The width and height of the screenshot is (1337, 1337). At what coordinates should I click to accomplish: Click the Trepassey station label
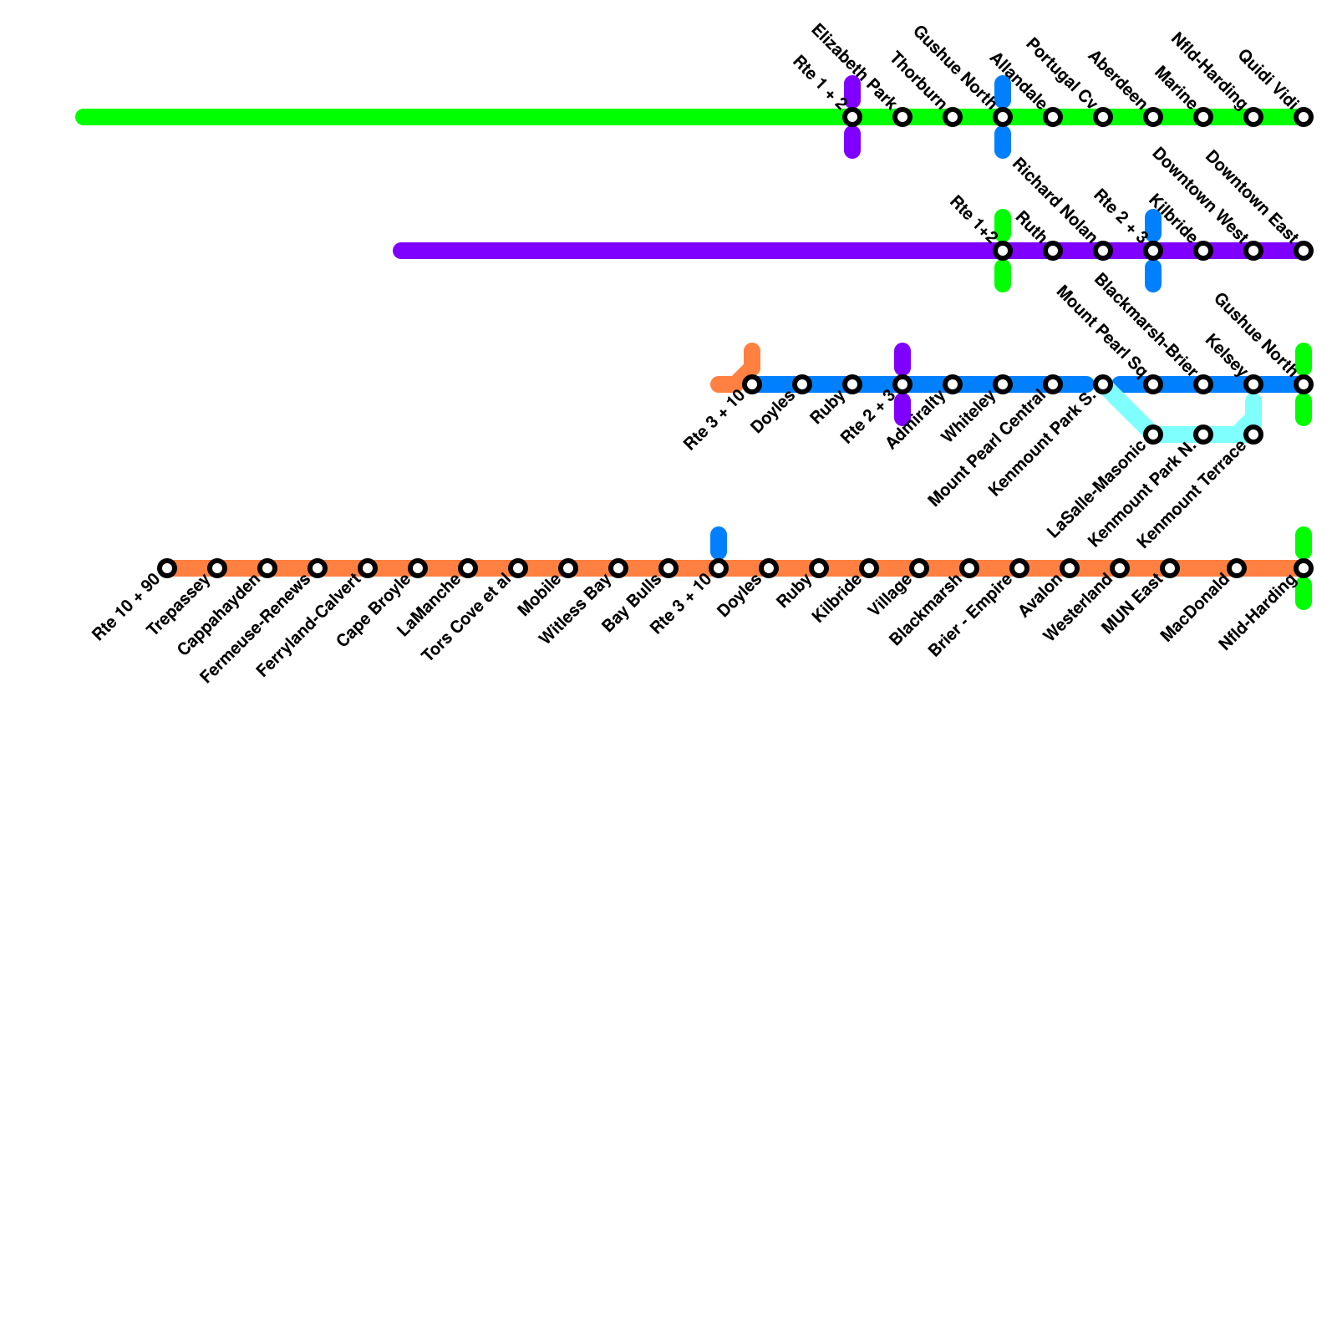click(179, 605)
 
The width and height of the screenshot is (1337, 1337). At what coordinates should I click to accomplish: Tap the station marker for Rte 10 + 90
click(167, 568)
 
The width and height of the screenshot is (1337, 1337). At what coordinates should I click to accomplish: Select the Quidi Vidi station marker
click(1304, 117)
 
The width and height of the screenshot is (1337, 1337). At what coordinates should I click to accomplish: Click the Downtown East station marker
click(1304, 251)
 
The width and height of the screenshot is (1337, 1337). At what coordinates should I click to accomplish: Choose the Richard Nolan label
click(1054, 200)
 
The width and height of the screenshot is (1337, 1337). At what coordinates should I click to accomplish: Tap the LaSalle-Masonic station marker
click(1153, 435)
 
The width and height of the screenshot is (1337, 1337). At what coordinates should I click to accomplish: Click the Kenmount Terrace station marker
click(1253, 435)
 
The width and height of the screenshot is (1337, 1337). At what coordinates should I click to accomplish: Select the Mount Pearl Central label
click(987, 450)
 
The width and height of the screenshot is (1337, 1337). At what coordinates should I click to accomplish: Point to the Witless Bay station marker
click(618, 568)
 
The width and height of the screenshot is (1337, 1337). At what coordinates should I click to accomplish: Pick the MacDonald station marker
click(1237, 568)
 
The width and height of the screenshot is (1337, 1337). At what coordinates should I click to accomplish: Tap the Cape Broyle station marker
click(418, 568)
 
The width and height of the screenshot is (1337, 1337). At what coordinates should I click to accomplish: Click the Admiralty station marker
click(953, 384)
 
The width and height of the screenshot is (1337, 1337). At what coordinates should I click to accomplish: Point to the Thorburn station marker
click(953, 117)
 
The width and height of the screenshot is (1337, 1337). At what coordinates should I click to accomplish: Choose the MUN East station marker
click(1170, 568)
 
